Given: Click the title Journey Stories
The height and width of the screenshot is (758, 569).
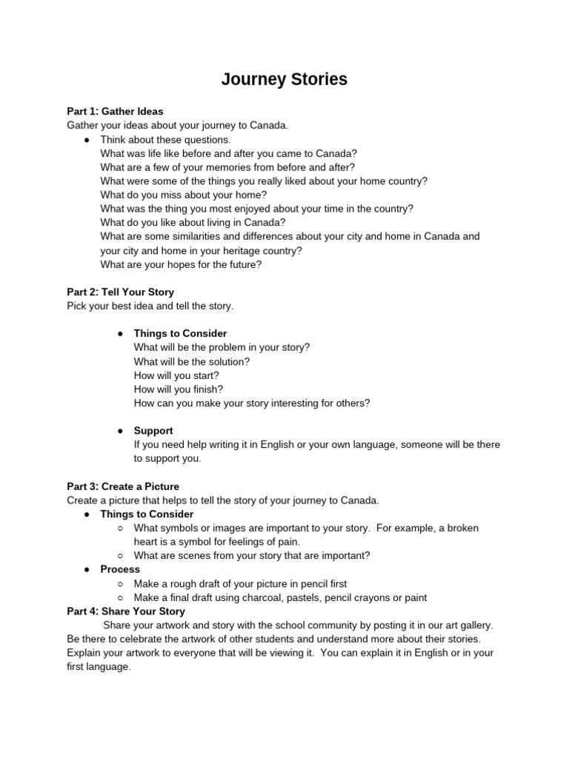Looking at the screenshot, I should (x=284, y=79).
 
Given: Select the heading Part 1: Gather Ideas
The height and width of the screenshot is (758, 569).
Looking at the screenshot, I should (x=115, y=112).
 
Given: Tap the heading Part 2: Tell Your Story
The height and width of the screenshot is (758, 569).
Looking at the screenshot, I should (x=120, y=292).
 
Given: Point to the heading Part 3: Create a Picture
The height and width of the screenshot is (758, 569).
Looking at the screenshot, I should (x=123, y=486).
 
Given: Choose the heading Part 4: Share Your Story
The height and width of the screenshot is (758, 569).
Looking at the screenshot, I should (x=126, y=611).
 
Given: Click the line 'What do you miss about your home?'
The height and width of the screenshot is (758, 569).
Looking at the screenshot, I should (x=183, y=195).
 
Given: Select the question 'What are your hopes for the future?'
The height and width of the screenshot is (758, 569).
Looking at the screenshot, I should (x=181, y=264).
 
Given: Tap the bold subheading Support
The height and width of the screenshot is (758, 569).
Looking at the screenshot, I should (x=153, y=431).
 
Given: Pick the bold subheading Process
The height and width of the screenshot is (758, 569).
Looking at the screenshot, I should (x=120, y=569).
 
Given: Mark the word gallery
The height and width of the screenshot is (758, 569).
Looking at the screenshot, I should (x=475, y=625).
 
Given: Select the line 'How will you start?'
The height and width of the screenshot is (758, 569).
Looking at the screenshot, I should (x=176, y=375).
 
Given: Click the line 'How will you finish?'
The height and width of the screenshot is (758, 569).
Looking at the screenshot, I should (x=178, y=389).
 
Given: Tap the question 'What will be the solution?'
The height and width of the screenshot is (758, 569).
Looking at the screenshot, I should (x=192, y=361).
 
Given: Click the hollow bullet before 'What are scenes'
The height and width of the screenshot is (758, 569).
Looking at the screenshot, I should (x=120, y=556).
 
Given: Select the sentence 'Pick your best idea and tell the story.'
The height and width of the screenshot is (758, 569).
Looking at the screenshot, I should (x=150, y=306).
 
